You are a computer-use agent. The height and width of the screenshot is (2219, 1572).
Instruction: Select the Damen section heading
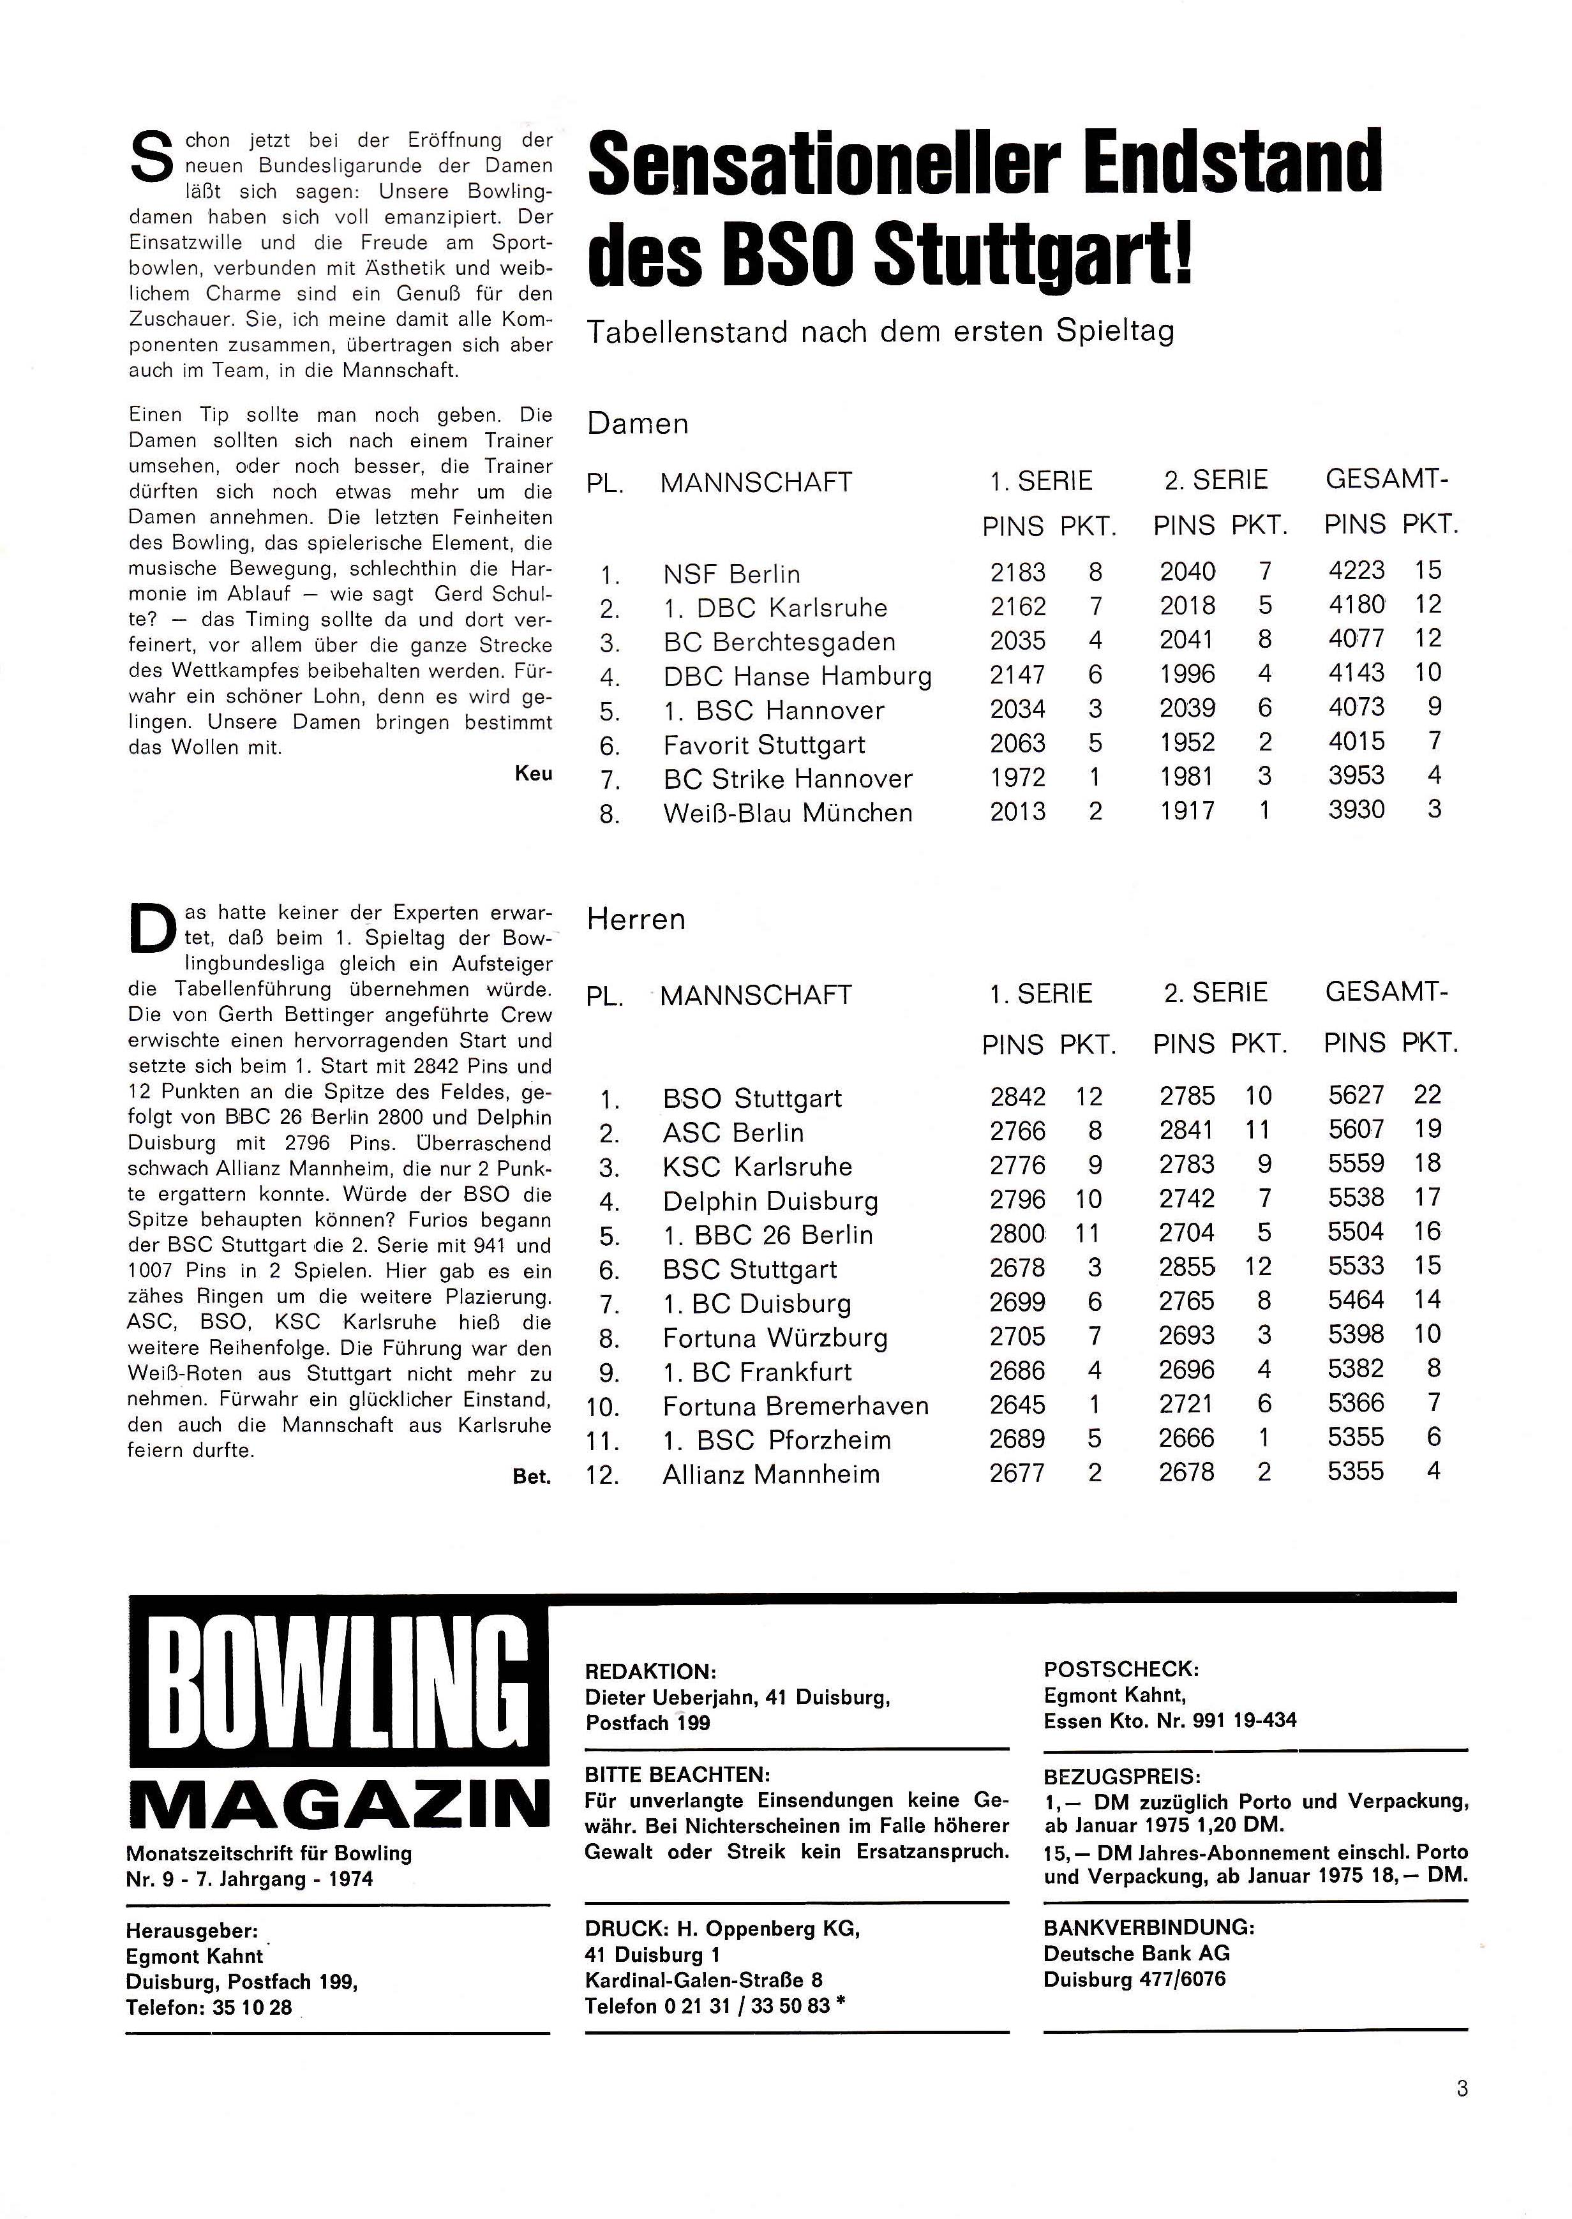coord(638,424)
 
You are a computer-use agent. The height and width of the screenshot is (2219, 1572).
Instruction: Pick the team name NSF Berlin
coord(732,575)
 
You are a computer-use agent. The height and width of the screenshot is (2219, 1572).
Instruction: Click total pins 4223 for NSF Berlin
coord(1356,571)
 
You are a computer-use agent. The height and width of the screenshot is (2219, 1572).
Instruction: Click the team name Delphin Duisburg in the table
coord(770,1202)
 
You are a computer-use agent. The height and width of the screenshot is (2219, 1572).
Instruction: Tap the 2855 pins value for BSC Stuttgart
coord(1188,1267)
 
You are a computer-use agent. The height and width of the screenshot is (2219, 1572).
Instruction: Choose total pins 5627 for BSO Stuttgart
coord(1356,1096)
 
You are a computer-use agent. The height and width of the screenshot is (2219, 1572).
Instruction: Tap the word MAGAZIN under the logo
coord(338,1806)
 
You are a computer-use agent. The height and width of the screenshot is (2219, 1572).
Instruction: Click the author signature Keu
coord(534,773)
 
